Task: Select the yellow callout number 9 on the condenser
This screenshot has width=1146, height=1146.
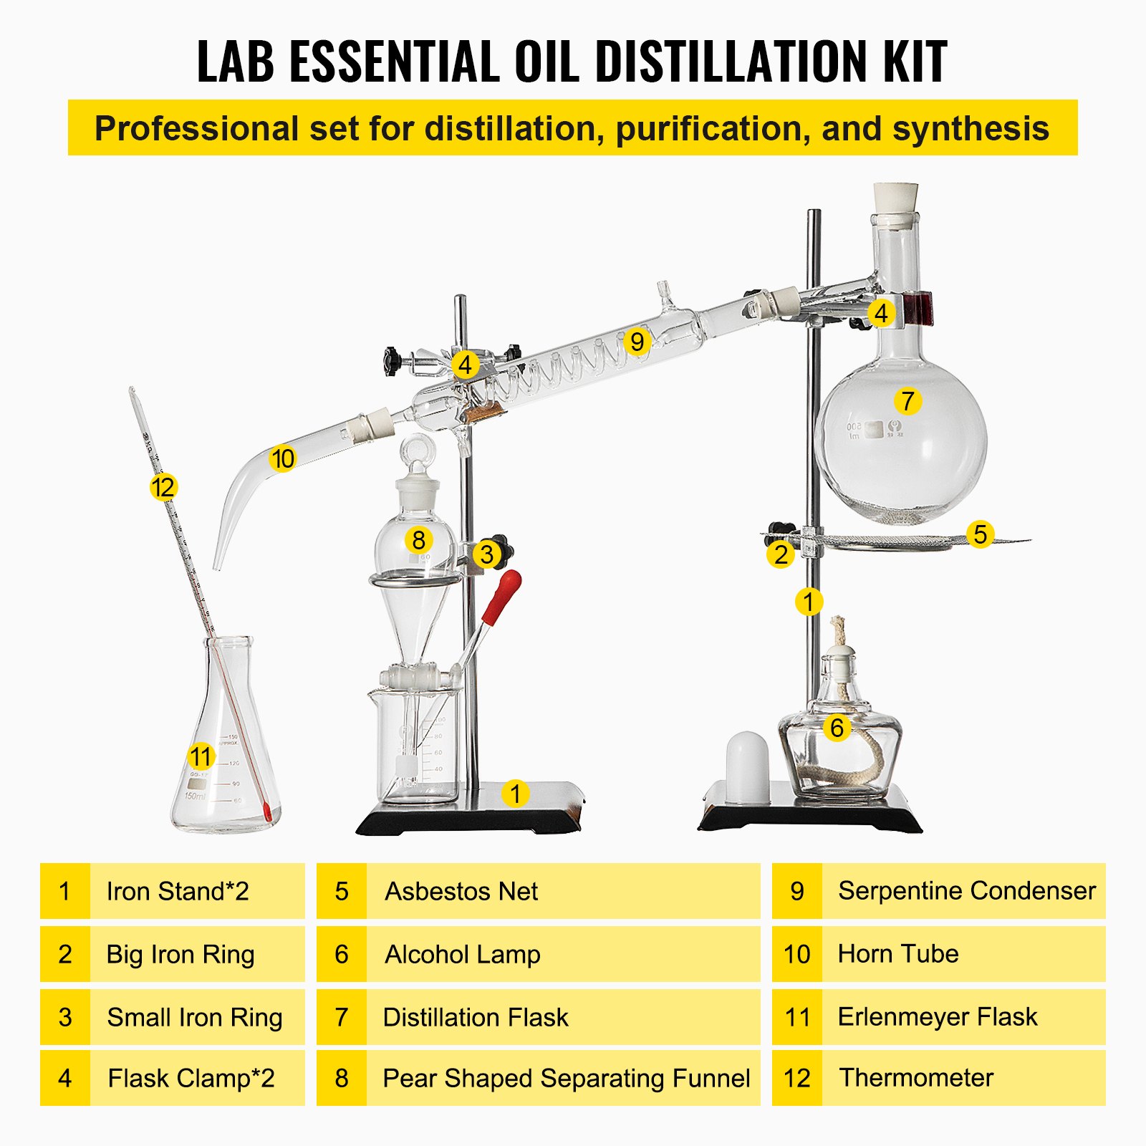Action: (637, 342)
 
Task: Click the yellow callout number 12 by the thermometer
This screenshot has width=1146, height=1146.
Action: (163, 487)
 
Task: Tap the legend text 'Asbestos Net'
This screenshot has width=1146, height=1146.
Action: (461, 891)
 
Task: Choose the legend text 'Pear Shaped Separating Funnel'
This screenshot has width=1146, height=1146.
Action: (566, 1078)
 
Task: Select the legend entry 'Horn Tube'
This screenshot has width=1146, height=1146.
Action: (897, 954)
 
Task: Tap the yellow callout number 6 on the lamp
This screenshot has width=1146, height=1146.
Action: (837, 728)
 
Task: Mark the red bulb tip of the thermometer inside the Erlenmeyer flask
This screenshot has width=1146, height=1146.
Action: (267, 812)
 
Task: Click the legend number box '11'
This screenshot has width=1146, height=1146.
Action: (796, 1017)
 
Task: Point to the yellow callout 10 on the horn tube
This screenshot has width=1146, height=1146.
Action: (283, 458)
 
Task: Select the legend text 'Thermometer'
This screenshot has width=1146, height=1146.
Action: (916, 1078)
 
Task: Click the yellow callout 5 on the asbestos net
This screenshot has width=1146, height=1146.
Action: (980, 534)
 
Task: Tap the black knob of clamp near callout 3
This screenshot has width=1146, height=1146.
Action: (504, 551)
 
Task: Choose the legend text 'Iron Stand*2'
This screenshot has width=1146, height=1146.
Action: (178, 891)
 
